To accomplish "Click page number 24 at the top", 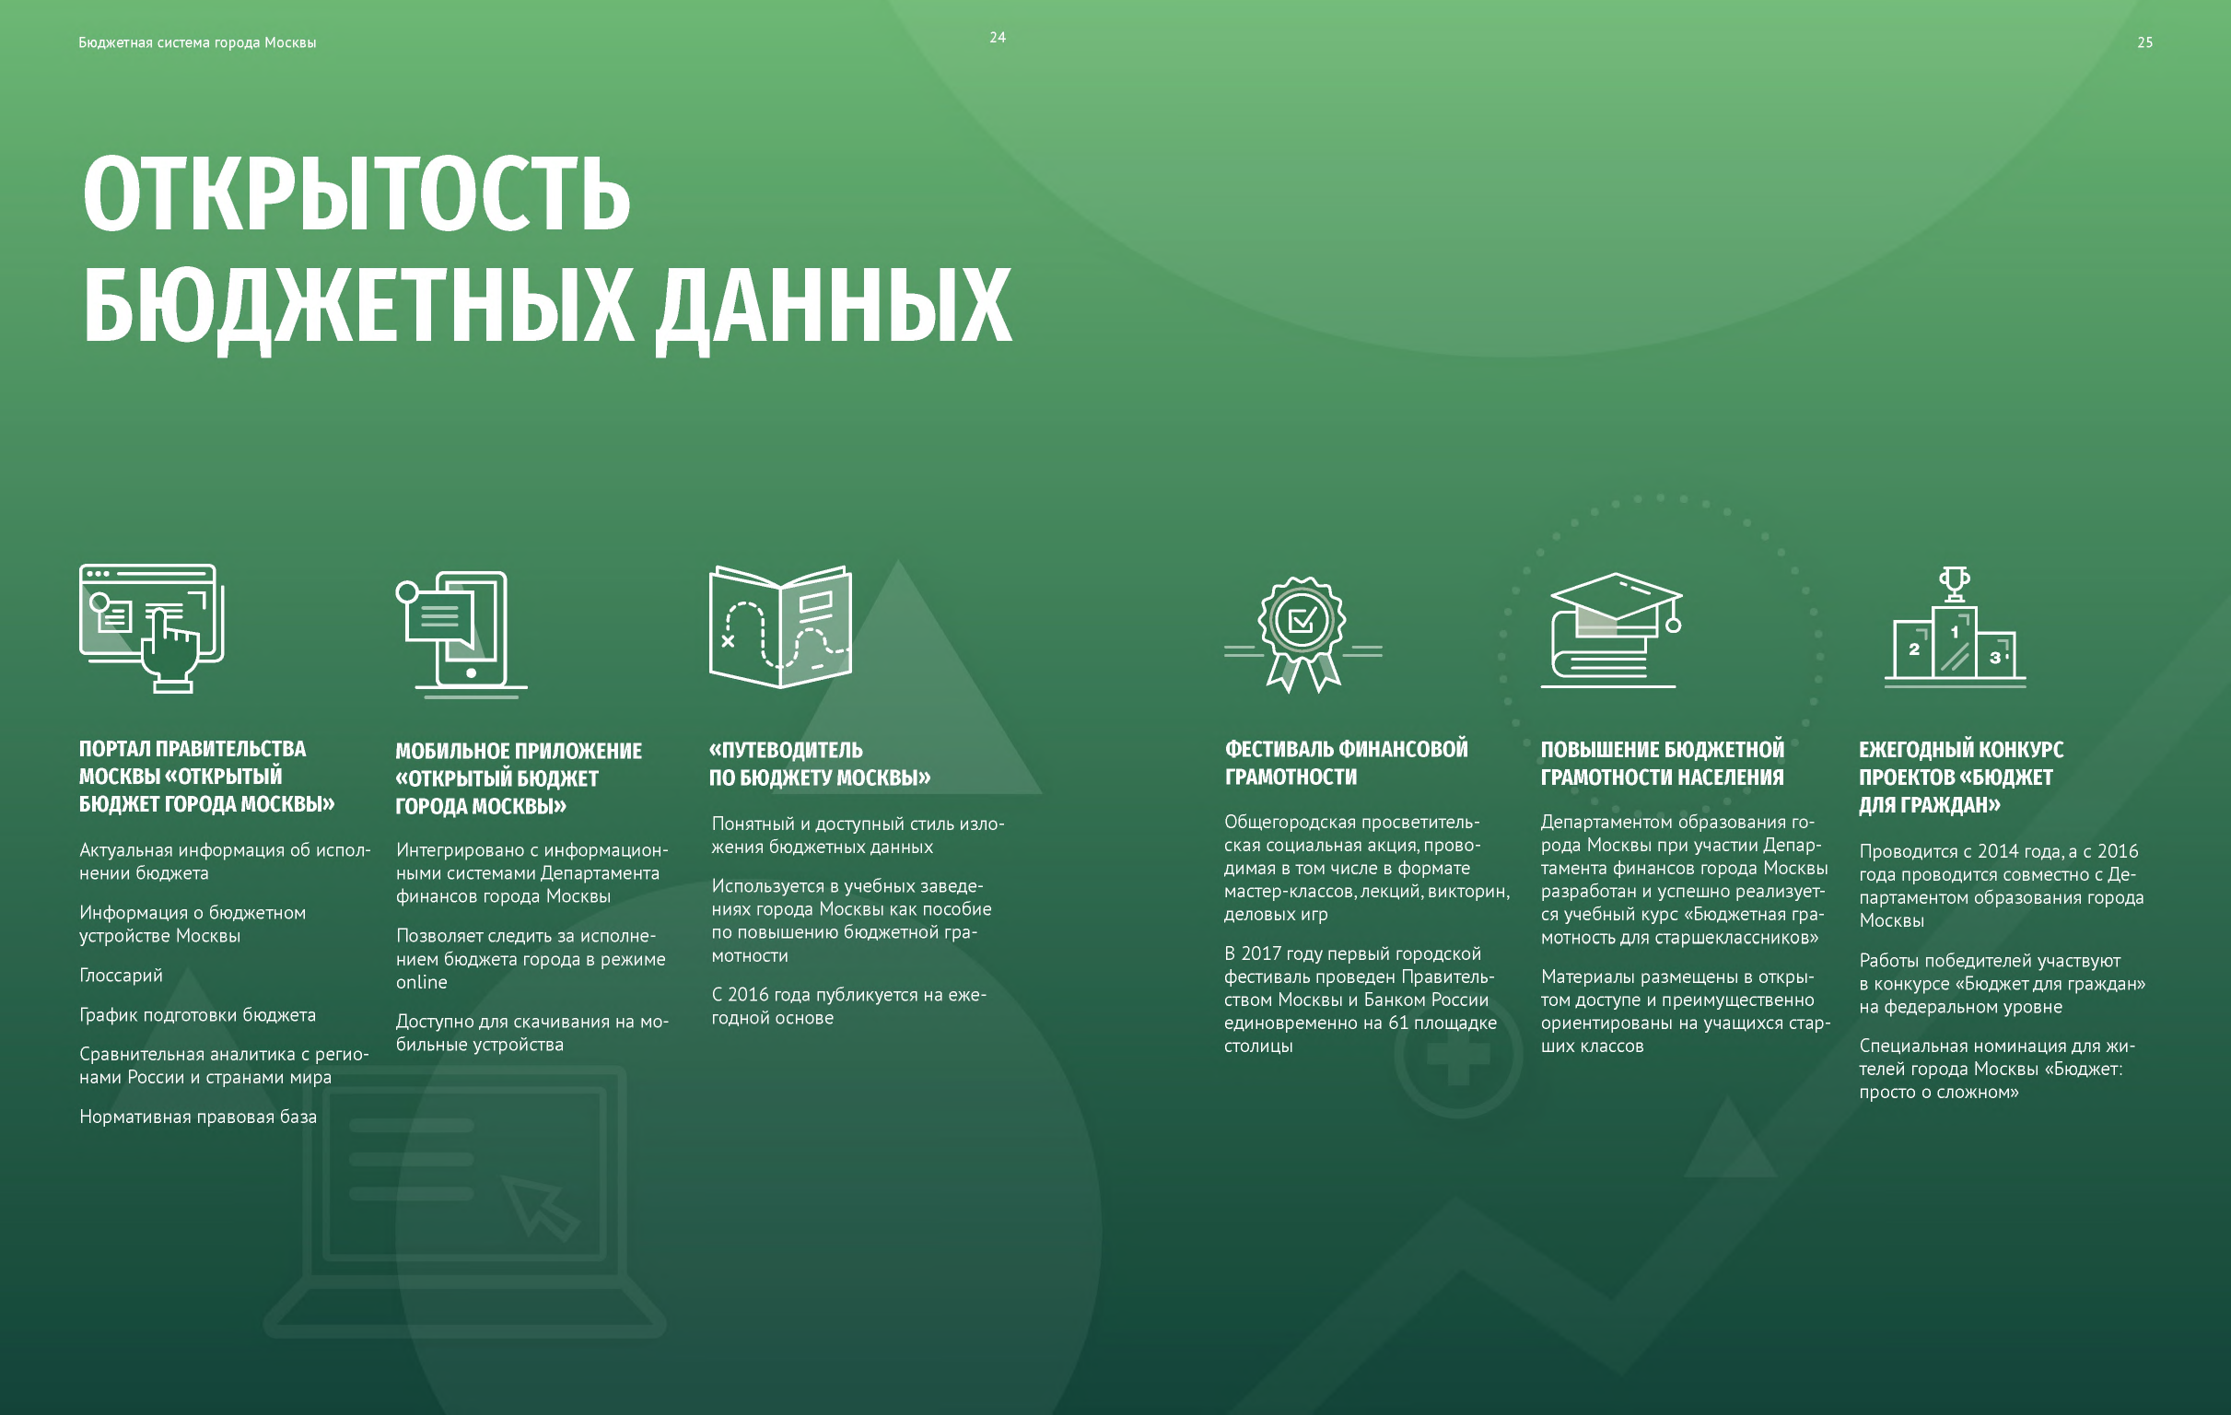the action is click(997, 38).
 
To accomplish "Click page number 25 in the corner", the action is click(2144, 42).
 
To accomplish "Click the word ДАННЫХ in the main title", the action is click(834, 306).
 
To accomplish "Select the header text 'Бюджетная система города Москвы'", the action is click(197, 42).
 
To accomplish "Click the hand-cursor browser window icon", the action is click(152, 628).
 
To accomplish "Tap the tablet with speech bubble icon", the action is click(461, 635).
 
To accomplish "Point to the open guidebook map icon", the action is click(780, 626).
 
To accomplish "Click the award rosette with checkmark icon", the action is click(1302, 634).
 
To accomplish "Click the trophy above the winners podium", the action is click(1955, 584).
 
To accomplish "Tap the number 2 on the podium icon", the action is click(1914, 649).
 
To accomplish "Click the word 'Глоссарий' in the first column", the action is click(121, 976).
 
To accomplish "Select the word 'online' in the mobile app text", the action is click(422, 982).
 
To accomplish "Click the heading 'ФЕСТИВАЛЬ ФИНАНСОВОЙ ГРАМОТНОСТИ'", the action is click(1346, 763).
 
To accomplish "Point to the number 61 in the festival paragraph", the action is click(1398, 1023).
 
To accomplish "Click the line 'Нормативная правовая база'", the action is click(197, 1117).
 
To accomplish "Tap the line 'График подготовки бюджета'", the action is click(197, 1015).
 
